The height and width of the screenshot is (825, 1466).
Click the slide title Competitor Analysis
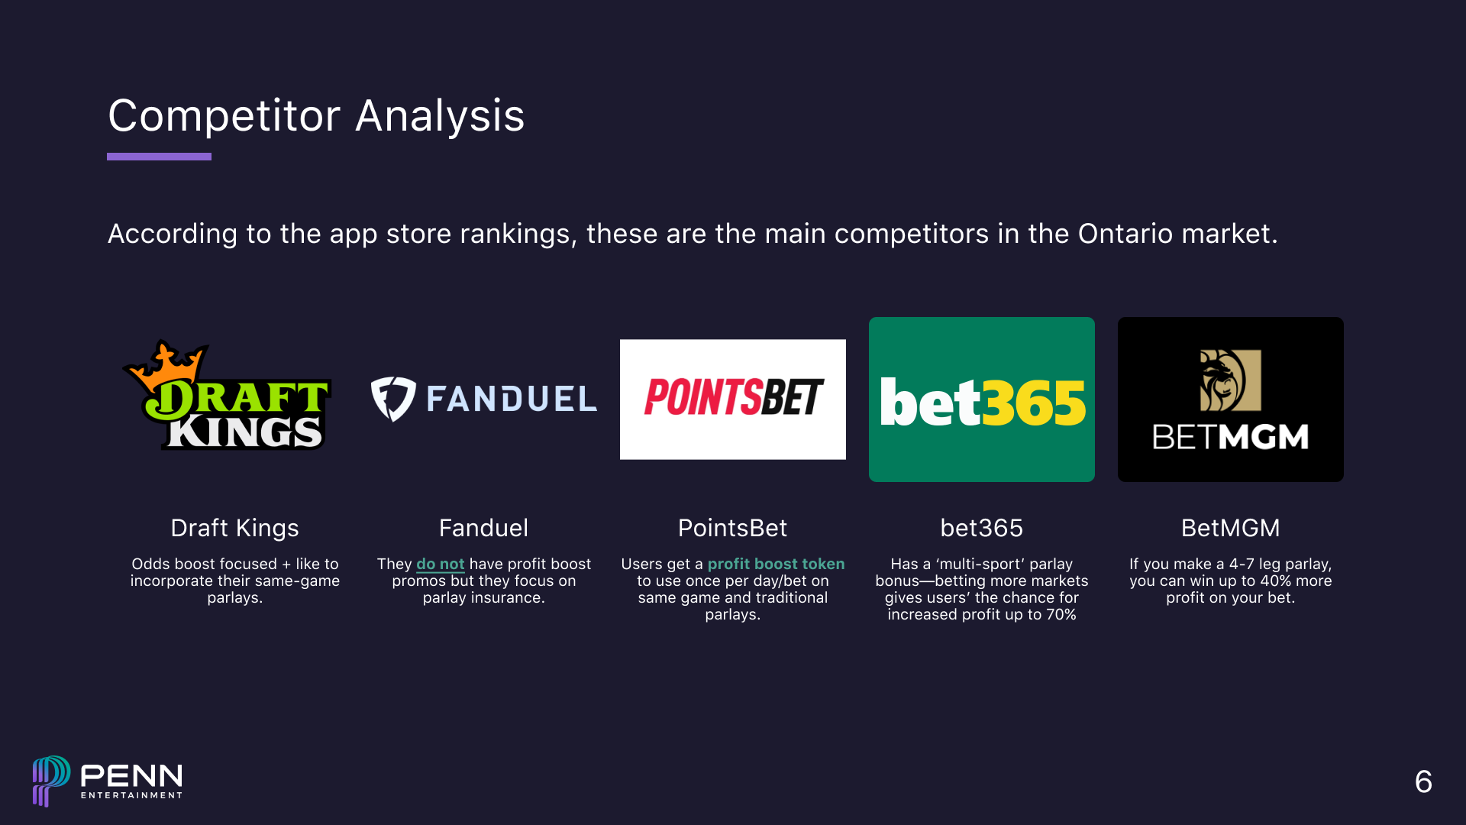click(x=316, y=116)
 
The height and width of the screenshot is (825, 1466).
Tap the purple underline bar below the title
click(x=159, y=157)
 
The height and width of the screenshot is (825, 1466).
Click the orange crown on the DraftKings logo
click(x=166, y=364)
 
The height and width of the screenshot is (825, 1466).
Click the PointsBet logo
click(x=733, y=399)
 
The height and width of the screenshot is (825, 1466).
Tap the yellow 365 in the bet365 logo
click(x=1034, y=403)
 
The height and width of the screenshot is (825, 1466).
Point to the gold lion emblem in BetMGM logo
click(x=1229, y=380)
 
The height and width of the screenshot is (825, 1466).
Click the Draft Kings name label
click(x=234, y=528)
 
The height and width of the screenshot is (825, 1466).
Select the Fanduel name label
click(x=483, y=528)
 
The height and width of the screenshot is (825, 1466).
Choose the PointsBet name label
click(x=732, y=528)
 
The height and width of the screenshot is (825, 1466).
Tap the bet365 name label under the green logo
click(x=981, y=528)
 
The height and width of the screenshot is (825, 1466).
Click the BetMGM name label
click(x=1230, y=528)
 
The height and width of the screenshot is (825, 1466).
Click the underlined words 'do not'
click(x=440, y=564)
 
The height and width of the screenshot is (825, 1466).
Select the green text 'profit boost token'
click(x=776, y=564)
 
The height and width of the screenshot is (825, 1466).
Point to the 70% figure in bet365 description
click(x=1061, y=614)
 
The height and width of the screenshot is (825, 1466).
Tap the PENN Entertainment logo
click(x=108, y=781)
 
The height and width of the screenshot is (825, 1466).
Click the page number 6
click(x=1423, y=781)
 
